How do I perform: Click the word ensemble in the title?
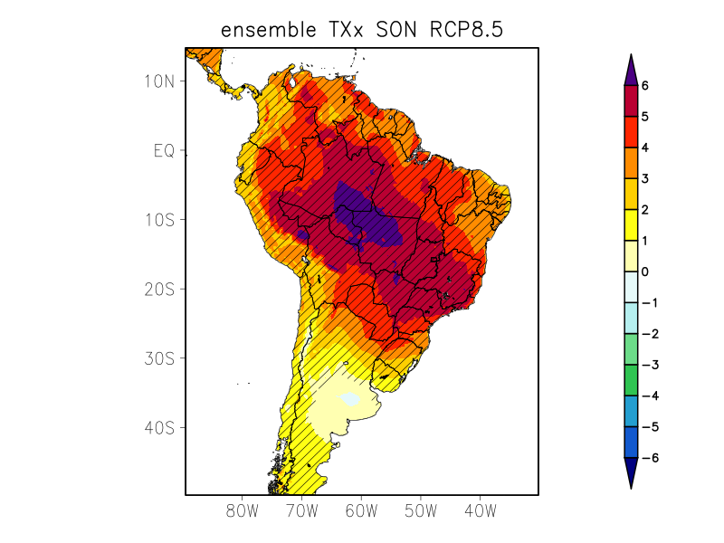(265, 30)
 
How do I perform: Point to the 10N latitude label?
(158, 81)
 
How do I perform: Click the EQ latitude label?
(163, 150)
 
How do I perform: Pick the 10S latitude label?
(158, 220)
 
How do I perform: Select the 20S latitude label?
(158, 289)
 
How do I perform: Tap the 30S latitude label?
(158, 358)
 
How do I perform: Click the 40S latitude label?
(158, 427)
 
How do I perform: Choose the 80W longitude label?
(242, 511)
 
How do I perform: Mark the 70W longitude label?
(301, 511)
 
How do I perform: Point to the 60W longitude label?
(361, 511)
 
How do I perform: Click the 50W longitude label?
(421, 511)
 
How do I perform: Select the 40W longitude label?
(481, 511)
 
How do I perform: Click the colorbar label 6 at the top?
(645, 85)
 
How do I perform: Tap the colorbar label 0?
(645, 271)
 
